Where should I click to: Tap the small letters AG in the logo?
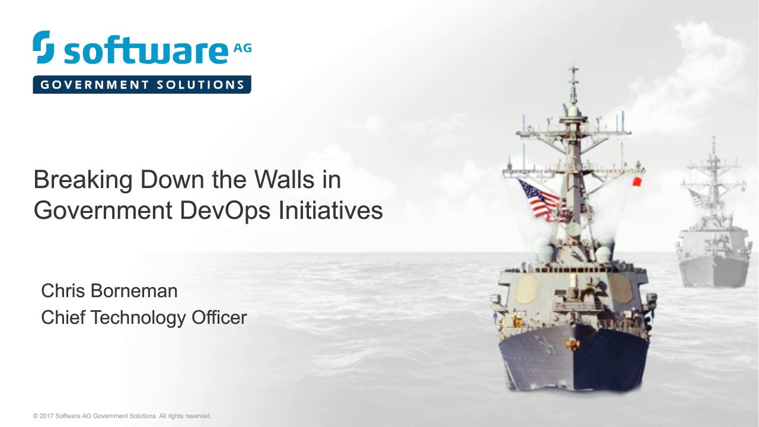[x=242, y=48]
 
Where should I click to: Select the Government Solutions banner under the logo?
[x=142, y=85]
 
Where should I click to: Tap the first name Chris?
[x=63, y=291]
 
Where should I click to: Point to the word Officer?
[x=219, y=317]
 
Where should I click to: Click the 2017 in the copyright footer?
[x=46, y=416]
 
